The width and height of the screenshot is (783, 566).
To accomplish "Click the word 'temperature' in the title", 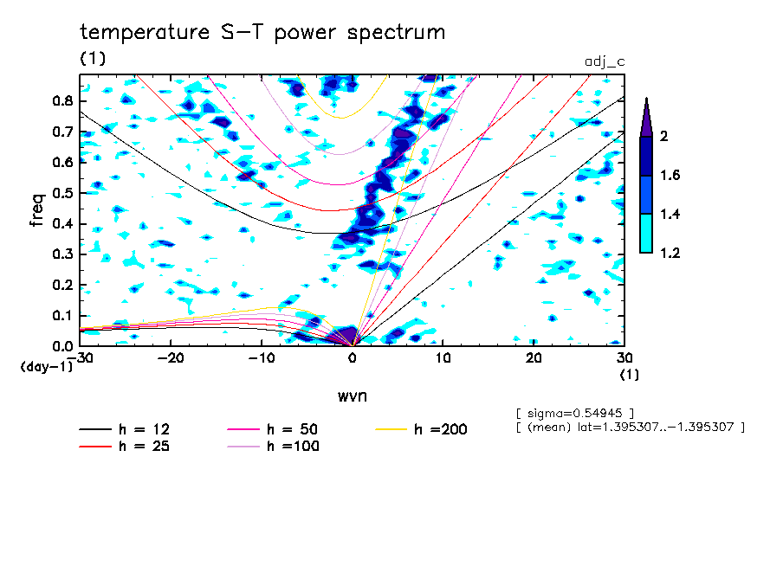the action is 145,32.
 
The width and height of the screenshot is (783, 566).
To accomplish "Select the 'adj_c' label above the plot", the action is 605,61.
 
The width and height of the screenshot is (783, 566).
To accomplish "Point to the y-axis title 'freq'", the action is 37,210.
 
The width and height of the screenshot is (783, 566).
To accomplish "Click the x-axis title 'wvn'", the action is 353,396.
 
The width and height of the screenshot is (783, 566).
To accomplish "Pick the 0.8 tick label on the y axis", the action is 63,100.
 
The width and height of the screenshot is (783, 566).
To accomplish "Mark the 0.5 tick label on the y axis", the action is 63,193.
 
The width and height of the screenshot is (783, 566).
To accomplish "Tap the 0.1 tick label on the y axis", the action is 63,316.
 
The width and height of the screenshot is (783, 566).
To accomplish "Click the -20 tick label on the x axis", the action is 171,358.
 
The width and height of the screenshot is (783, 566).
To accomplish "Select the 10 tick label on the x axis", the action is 443,358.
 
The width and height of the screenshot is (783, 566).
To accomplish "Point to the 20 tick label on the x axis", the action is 534,358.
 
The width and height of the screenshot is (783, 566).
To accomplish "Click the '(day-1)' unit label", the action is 46,367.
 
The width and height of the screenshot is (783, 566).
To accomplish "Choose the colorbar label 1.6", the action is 670,175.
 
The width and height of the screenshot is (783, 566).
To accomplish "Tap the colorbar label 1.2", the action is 670,253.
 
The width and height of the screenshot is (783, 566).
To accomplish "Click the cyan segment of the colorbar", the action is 646,234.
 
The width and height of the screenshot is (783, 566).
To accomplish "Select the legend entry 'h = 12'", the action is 125,429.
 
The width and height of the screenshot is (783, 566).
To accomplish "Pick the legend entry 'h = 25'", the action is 125,447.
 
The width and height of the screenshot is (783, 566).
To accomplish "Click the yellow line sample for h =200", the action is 391,429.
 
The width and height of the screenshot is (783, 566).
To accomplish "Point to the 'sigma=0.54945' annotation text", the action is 575,414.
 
